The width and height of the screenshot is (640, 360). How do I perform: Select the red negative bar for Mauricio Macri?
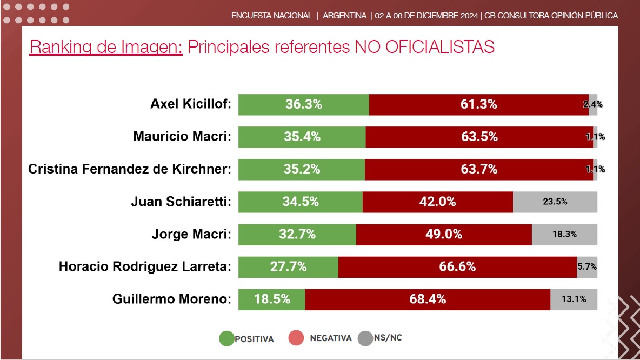(479, 137)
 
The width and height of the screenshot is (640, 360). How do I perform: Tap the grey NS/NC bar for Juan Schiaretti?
(555, 202)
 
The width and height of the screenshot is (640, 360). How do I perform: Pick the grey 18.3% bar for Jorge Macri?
(564, 234)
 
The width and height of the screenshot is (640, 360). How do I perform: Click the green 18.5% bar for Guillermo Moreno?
(272, 299)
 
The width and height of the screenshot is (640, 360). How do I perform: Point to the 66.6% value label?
(457, 266)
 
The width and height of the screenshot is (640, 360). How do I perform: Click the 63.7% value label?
(479, 169)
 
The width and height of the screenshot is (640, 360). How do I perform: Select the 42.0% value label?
(437, 202)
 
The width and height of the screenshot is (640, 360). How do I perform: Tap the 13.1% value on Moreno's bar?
(574, 299)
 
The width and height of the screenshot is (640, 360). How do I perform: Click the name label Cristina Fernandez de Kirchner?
(130, 169)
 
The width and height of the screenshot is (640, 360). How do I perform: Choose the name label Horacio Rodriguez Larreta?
(145, 266)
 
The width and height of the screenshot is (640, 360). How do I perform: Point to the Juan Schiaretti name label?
(181, 202)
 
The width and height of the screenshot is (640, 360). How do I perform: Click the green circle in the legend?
(226, 338)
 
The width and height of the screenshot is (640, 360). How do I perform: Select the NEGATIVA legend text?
(331, 338)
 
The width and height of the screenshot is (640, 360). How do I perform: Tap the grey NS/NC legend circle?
(366, 338)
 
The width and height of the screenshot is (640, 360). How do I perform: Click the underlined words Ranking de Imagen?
(106, 47)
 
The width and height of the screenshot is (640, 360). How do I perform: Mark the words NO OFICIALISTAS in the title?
(424, 47)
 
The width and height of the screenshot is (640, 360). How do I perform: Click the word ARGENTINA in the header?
(344, 16)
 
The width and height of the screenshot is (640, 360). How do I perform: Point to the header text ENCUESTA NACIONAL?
(272, 16)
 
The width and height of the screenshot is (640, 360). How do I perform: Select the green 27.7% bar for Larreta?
(288, 266)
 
